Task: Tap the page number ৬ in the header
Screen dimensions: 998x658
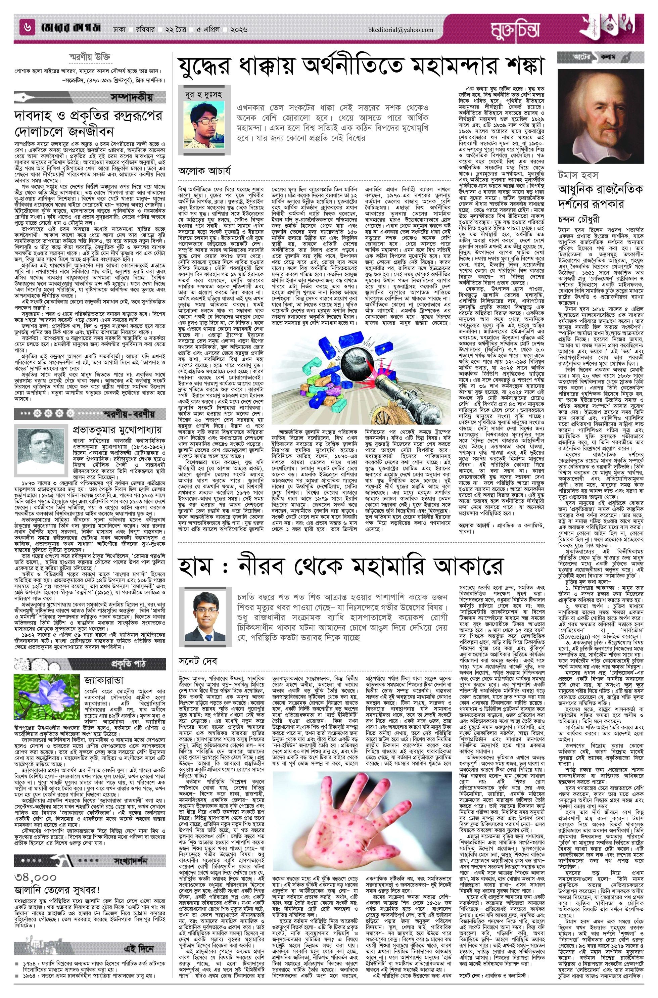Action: [27, 29]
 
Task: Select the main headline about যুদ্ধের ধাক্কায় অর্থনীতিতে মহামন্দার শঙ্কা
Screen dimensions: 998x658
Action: [361, 66]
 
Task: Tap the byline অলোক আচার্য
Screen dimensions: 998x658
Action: [204, 171]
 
